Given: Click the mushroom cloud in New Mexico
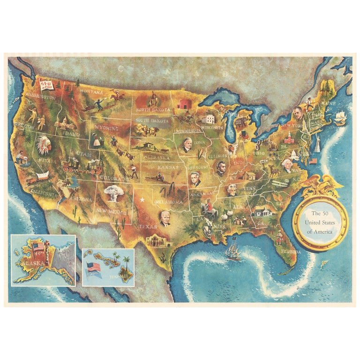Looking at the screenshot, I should (x=114, y=192).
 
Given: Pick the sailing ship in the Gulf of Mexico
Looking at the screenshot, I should (x=233, y=251).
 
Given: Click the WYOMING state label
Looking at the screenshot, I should (x=106, y=127).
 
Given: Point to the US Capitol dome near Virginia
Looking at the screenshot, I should (x=295, y=155).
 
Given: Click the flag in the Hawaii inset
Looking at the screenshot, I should (x=94, y=268).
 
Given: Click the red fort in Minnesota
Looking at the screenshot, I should (x=183, y=103).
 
